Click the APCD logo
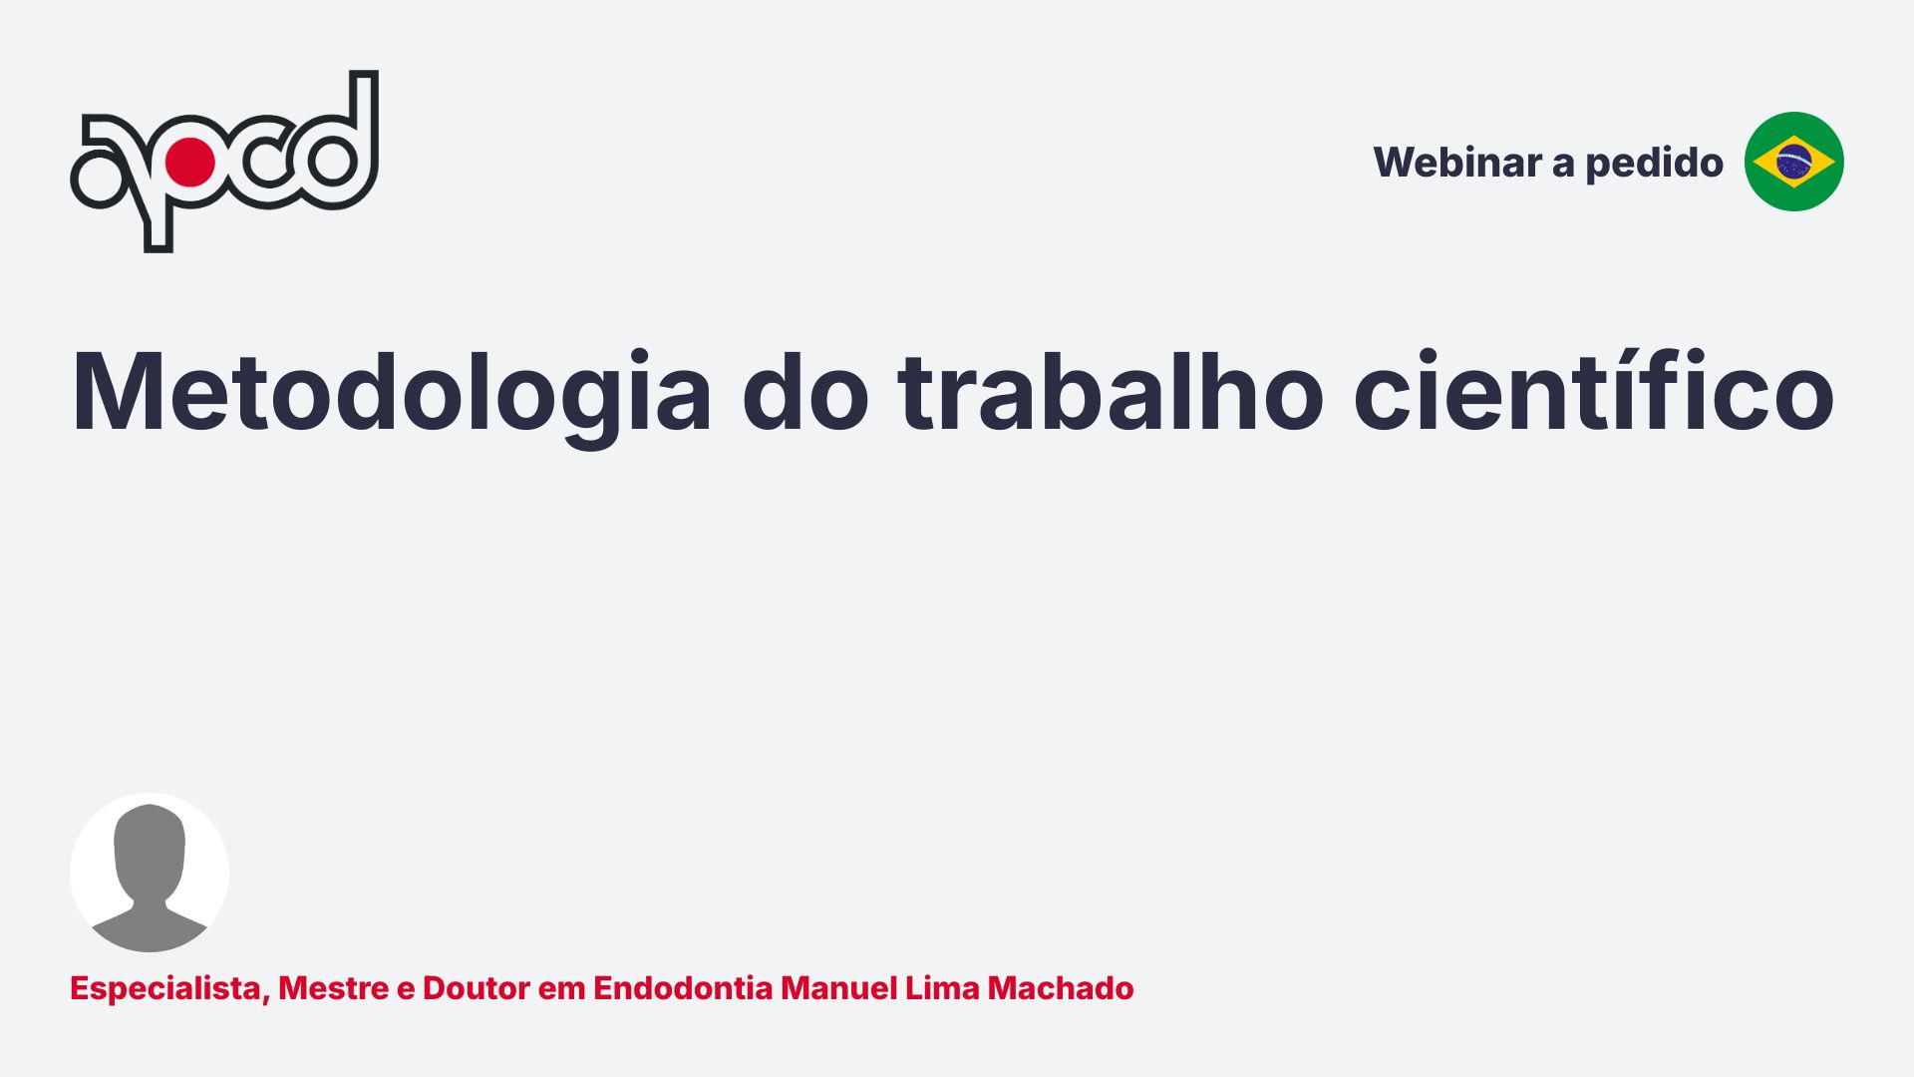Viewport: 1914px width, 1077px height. [x=224, y=162]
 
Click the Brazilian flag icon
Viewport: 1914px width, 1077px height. [x=1793, y=162]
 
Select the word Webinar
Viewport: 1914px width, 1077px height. [x=1456, y=163]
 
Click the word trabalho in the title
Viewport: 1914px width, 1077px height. [x=1111, y=391]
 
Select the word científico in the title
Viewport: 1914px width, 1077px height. [x=1594, y=391]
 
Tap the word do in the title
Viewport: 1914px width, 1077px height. [x=805, y=391]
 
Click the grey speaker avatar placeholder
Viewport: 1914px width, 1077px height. [x=150, y=873]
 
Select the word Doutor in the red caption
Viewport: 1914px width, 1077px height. [x=477, y=988]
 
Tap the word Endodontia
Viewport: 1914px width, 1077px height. [x=683, y=988]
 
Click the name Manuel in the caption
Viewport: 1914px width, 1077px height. [x=839, y=988]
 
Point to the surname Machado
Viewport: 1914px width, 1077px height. [x=1061, y=988]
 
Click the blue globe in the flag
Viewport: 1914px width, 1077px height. [x=1793, y=162]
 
